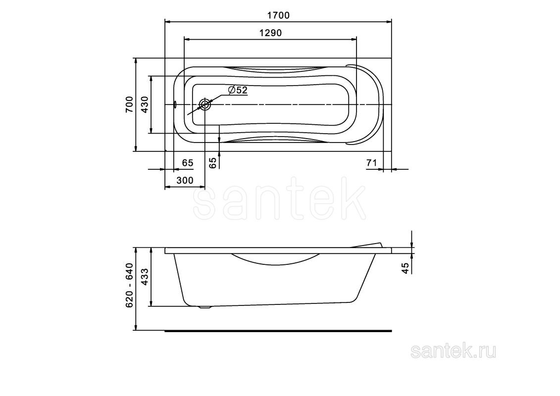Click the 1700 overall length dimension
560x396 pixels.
(x=279, y=16)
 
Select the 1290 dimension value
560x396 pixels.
(x=270, y=33)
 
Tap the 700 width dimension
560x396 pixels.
(x=129, y=104)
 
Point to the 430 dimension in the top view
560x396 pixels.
(x=144, y=104)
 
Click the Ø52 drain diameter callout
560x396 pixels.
(x=238, y=90)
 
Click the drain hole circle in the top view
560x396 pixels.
(x=205, y=104)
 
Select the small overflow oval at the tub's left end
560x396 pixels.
(x=175, y=104)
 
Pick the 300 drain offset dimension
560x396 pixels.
(x=185, y=180)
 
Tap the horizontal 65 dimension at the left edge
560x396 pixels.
(x=188, y=163)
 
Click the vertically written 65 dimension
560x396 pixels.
(x=213, y=163)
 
